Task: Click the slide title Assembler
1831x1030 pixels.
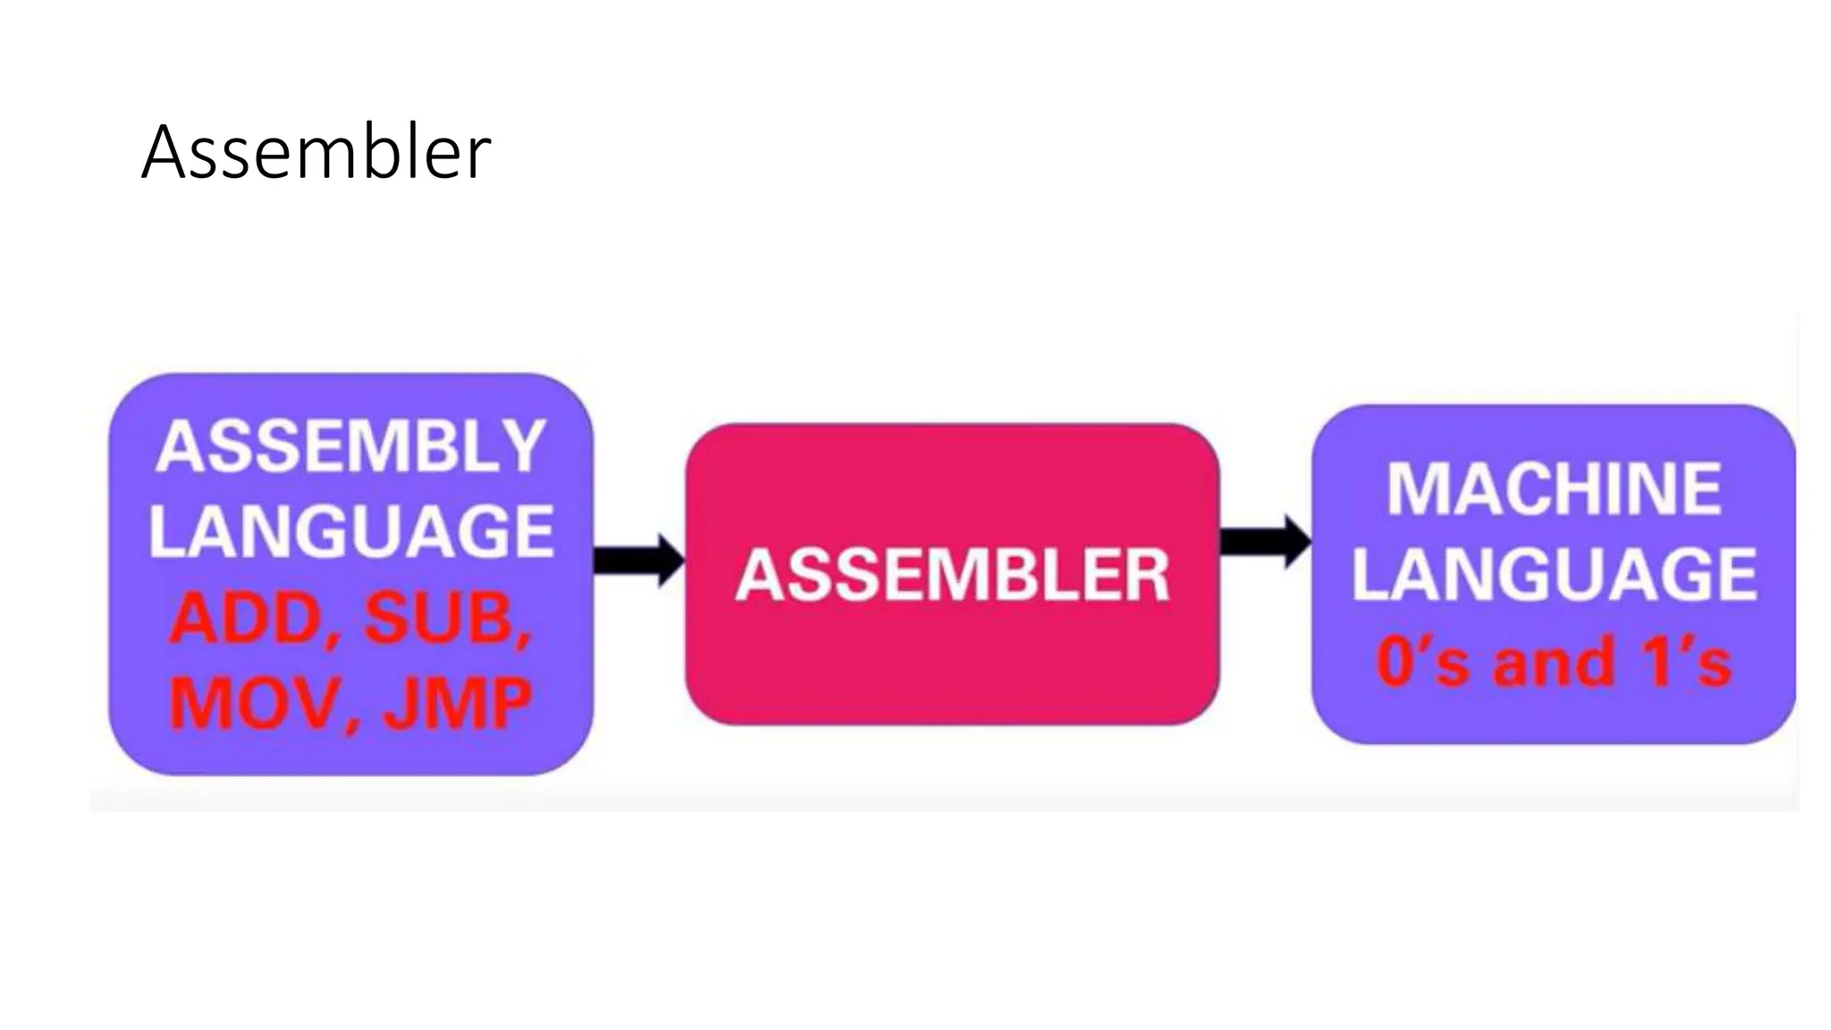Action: (x=316, y=153)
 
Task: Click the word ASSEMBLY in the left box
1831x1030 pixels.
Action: (x=350, y=446)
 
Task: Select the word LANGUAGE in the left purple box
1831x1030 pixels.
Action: (x=350, y=531)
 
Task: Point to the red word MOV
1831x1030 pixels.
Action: (x=255, y=704)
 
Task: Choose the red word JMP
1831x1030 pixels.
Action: (x=458, y=704)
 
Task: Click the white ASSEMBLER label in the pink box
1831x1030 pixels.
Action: (x=952, y=575)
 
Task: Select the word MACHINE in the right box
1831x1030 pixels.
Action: (x=1554, y=489)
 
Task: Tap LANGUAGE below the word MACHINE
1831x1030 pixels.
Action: (x=1554, y=574)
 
